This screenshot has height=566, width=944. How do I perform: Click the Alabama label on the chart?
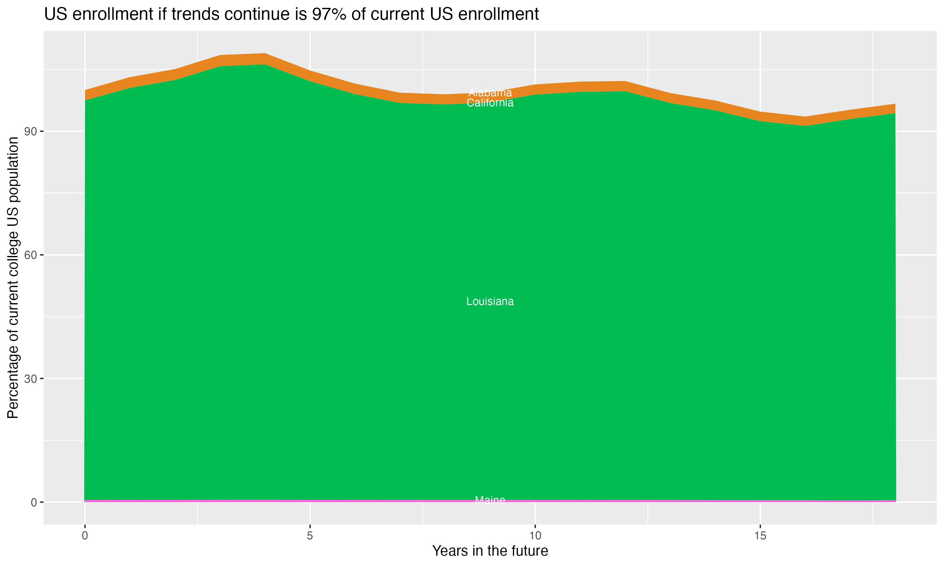[490, 93]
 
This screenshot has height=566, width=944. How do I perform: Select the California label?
[490, 103]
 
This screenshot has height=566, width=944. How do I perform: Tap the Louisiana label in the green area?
[490, 302]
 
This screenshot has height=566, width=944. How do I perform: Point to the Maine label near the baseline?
[490, 500]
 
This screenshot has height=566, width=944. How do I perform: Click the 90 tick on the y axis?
[31, 131]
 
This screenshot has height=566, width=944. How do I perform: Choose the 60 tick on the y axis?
[31, 255]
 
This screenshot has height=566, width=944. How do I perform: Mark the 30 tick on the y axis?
[31, 379]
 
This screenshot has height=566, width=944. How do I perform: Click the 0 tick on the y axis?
[34, 502]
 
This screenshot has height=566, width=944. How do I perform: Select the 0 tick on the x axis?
[85, 536]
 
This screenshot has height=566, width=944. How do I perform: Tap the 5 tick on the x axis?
[310, 536]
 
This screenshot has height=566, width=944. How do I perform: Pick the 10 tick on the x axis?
[535, 536]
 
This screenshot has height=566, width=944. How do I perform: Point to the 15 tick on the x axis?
[760, 536]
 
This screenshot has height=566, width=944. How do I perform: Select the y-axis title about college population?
[13, 278]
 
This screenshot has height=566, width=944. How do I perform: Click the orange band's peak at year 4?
[265, 59]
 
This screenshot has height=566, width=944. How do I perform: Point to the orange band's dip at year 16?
[805, 121]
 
